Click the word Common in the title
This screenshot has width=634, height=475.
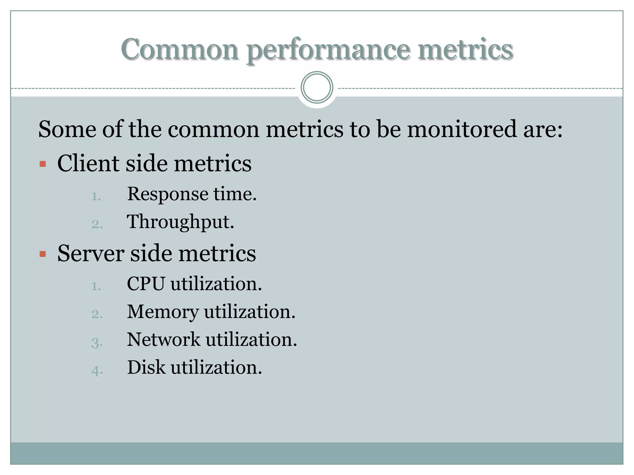(180, 49)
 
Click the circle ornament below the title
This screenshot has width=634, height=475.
(317, 88)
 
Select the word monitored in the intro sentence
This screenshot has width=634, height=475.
(462, 129)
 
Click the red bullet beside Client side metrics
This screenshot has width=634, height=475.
(43, 164)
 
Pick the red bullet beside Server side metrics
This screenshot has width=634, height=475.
(43, 254)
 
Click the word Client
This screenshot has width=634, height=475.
(88, 163)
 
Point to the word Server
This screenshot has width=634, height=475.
(91, 253)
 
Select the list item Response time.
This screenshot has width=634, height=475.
(192, 194)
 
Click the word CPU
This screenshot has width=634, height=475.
(145, 284)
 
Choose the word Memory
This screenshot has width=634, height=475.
(163, 312)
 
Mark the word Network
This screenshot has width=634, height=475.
(163, 340)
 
